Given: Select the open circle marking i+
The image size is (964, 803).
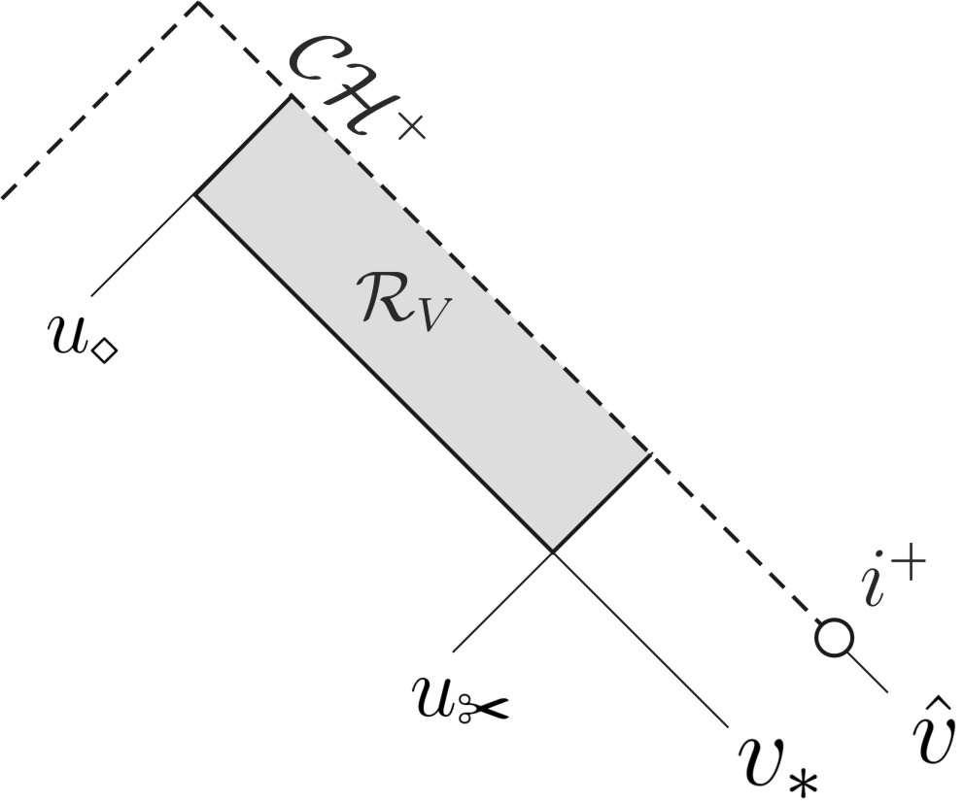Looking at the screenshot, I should point(834,637).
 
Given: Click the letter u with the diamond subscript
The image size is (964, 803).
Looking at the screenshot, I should point(66,335).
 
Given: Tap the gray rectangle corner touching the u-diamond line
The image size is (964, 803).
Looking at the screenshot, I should point(196,195).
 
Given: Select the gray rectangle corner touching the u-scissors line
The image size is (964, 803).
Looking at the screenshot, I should point(553,552).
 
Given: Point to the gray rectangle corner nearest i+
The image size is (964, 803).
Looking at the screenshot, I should point(648,453).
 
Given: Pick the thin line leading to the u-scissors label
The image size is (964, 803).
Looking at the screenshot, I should point(502,601).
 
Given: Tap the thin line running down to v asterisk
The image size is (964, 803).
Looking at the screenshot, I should point(641,640).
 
